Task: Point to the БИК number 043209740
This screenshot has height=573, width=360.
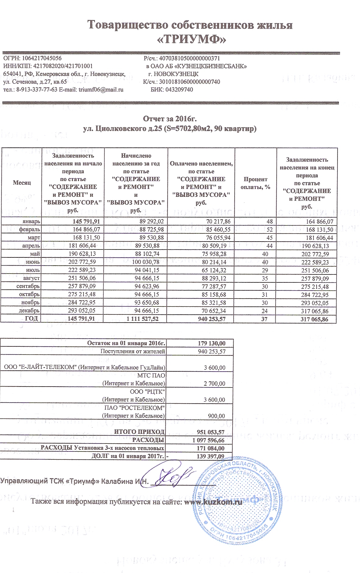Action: [x=179, y=90]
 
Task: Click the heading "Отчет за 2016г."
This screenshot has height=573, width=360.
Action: [x=172, y=118]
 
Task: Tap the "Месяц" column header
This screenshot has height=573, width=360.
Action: [x=22, y=182]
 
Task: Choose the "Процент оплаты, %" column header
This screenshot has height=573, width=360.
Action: [x=256, y=183]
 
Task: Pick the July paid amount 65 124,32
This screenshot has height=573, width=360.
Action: [x=213, y=270]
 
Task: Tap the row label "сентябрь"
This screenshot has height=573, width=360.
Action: [x=28, y=286]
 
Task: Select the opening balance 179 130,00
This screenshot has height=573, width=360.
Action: [x=212, y=343]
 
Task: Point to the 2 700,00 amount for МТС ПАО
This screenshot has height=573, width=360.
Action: [x=214, y=384]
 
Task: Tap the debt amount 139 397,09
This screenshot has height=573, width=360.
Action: [x=210, y=456]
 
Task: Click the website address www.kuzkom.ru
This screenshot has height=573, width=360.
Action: [x=214, y=502]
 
